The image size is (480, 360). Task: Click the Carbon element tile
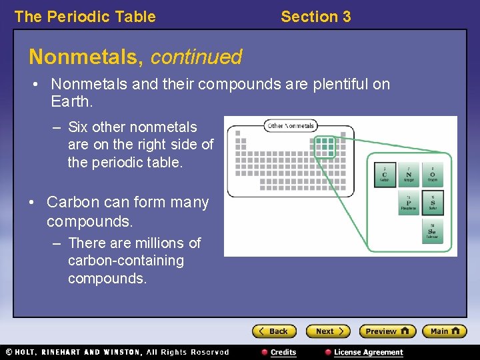tap(385, 175)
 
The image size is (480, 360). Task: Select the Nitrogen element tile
tap(408, 175)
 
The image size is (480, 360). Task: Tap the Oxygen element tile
tap(432, 175)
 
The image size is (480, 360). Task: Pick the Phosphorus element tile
tap(408, 203)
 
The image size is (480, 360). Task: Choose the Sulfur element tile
tap(432, 203)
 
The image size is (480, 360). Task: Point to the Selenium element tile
tap(432, 231)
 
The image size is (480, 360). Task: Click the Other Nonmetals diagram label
tap(291, 125)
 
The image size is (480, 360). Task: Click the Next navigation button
tap(327, 331)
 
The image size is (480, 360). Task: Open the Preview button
tap(387, 331)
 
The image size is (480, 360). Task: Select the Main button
tap(445, 331)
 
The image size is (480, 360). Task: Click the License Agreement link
tap(368, 352)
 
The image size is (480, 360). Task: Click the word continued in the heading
tap(196, 57)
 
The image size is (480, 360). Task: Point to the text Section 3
tap(315, 17)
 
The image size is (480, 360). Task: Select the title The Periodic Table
tap(85, 17)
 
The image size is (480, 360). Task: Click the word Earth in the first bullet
tap(71, 102)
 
